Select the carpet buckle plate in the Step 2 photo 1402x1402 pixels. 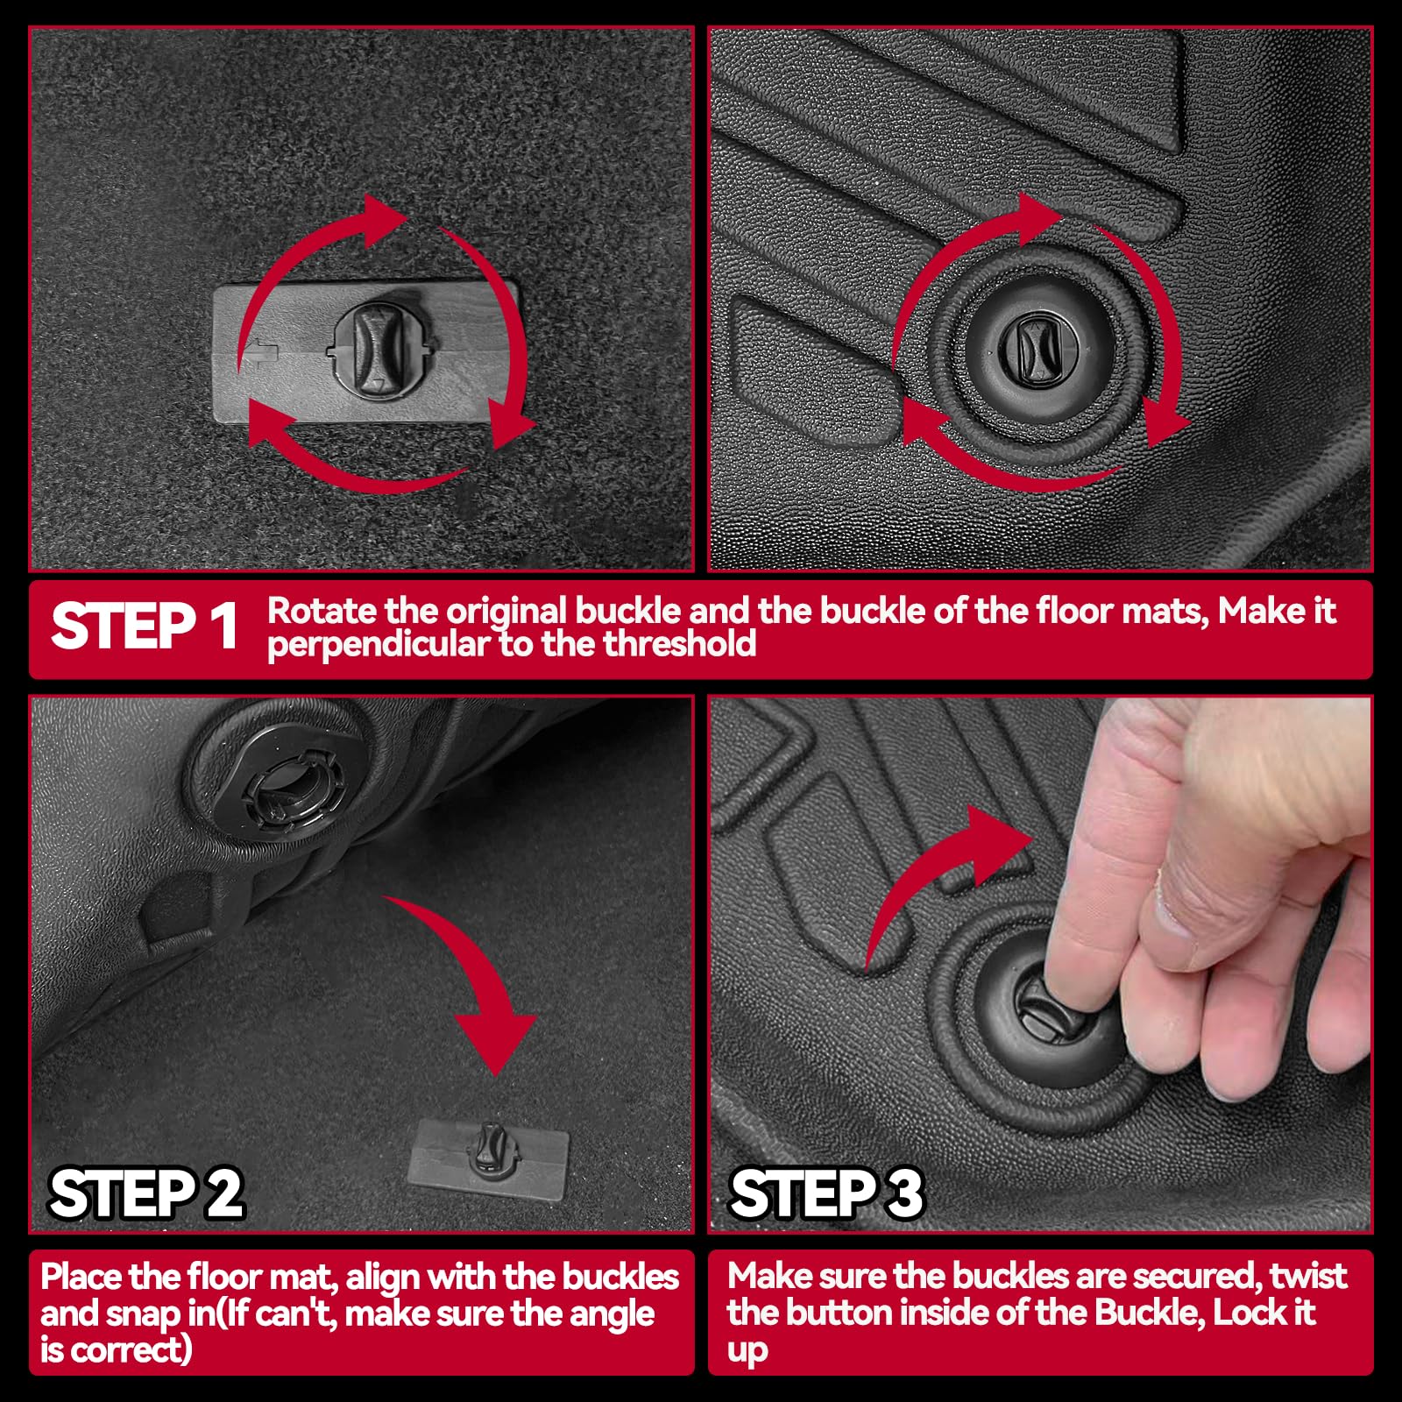point(489,1153)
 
